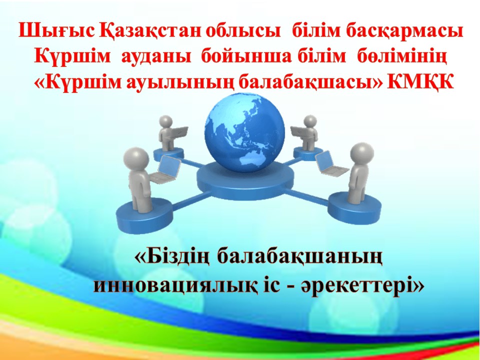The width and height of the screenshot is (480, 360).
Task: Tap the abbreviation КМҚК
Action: pyautogui.click(x=420, y=82)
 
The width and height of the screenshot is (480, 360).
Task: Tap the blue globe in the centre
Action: pyautogui.click(x=244, y=132)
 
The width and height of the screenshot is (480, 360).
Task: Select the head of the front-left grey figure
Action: pyautogui.click(x=136, y=157)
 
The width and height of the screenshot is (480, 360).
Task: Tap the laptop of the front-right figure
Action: pyautogui.click(x=330, y=164)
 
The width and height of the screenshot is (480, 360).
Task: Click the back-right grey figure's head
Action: pyautogui.click(x=310, y=121)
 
